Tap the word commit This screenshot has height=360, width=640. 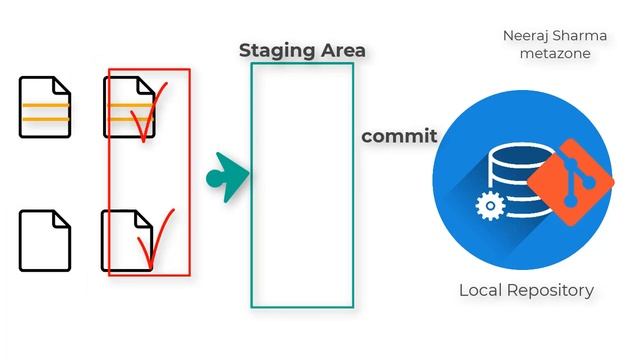[399, 136]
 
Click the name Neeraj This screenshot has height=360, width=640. [526, 35]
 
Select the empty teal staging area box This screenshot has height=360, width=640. [301, 185]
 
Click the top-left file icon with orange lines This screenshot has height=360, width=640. [45, 107]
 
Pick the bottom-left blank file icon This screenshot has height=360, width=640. [45, 240]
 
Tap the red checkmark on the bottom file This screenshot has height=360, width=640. [155, 240]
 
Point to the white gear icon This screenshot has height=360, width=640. [489, 206]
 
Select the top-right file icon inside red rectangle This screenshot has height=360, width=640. [127, 107]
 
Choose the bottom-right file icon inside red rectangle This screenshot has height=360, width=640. [125, 240]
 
